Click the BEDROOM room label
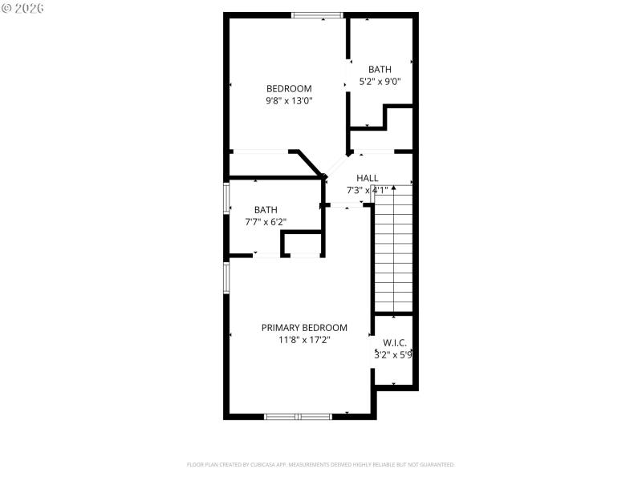pos(289,88)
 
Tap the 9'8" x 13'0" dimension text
pos(289,101)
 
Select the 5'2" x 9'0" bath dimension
pos(380,81)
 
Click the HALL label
pos(368,178)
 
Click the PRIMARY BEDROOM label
pos(304,327)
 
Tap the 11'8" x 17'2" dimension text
pos(304,340)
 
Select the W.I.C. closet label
pos(393,342)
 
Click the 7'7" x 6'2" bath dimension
pos(266,222)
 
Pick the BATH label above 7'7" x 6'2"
pos(266,209)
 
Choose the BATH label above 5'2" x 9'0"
pos(380,69)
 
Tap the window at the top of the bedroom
pos(317,14)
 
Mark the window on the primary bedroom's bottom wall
pos(299,416)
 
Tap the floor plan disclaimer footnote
pos(321,464)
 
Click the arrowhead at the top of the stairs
pos(393,188)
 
